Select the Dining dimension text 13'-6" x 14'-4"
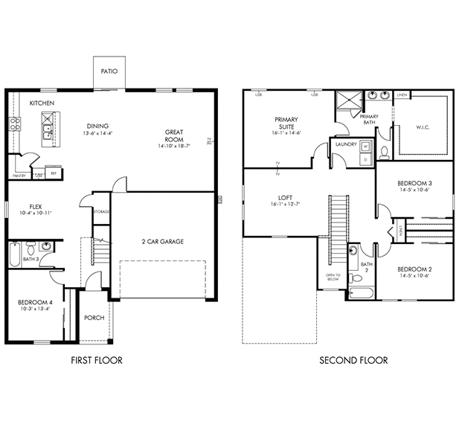[x=99, y=133]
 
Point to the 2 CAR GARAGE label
[x=163, y=241]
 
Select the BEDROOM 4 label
[x=34, y=302]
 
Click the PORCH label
[x=94, y=318]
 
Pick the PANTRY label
[x=19, y=176]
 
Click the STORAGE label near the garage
[x=102, y=212]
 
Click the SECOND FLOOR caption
[x=353, y=361]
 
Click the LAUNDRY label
[x=346, y=144]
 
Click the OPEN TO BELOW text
[x=332, y=278]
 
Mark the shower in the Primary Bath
[x=346, y=101]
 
